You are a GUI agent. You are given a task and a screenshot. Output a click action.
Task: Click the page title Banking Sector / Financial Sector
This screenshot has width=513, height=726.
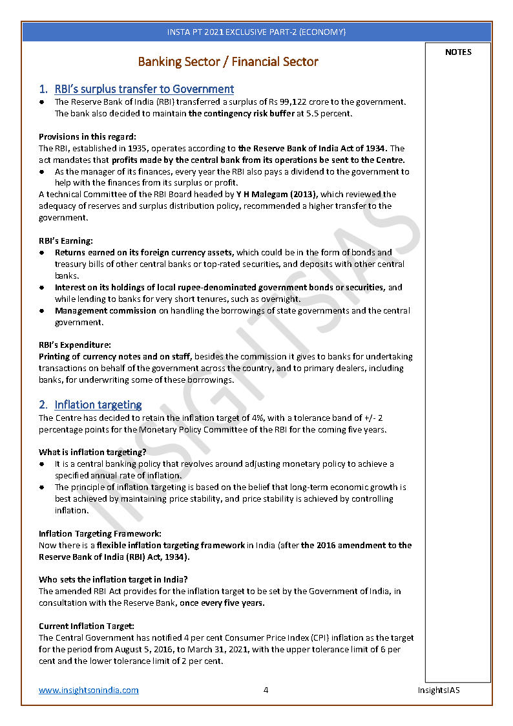[228, 62]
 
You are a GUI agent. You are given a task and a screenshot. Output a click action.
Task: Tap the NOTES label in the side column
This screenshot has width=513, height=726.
[458, 52]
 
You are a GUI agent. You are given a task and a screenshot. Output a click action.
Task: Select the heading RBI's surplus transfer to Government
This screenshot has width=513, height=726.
[144, 89]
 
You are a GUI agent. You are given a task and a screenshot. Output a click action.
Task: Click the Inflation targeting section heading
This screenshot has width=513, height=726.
[98, 405]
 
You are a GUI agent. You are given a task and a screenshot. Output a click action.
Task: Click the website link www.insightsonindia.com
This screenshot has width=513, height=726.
[89, 690]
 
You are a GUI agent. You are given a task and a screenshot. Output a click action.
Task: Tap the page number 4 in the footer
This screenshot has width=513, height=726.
[266, 690]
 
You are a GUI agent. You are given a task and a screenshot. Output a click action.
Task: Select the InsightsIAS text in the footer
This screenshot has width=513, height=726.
[438, 690]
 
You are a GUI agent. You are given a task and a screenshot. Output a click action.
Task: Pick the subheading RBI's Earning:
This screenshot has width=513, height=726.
[66, 241]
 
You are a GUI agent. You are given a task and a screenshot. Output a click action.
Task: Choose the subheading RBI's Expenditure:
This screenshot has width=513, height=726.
[75, 345]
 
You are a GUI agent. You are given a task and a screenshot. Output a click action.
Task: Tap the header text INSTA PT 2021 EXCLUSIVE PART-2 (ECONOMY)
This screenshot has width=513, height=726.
[256, 32]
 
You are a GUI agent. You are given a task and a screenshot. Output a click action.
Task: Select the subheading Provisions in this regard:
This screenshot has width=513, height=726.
[87, 136]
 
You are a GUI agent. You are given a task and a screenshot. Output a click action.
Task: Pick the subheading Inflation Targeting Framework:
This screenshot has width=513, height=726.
[100, 533]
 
